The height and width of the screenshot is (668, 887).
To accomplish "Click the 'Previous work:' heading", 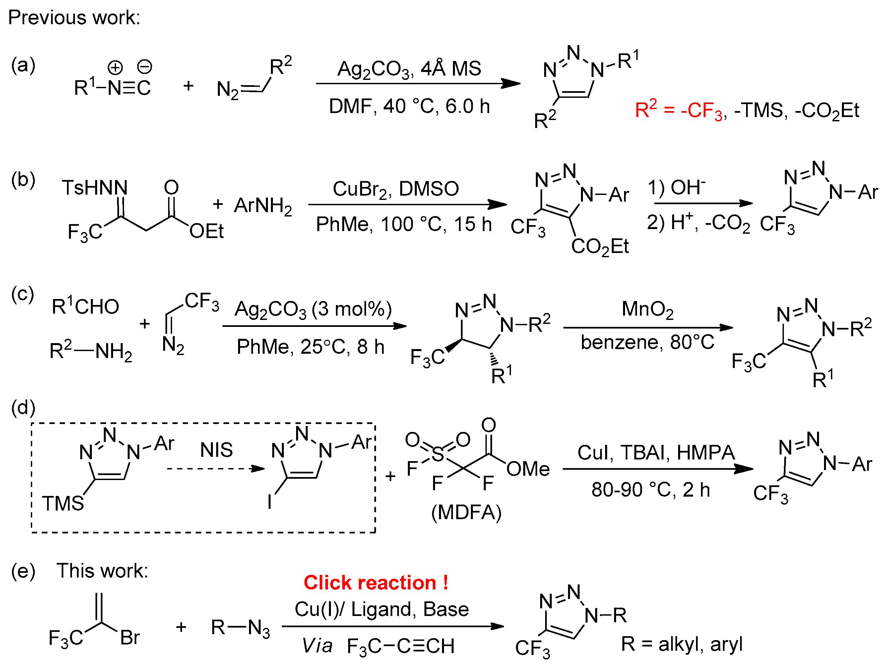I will (x=74, y=18).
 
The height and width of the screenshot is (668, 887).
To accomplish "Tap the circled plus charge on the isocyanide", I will (x=115, y=67).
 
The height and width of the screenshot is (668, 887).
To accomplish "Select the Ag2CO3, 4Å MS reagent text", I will (x=409, y=69).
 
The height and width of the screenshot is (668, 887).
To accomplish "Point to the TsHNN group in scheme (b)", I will (x=95, y=188).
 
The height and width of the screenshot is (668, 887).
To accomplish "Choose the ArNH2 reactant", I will (x=263, y=206).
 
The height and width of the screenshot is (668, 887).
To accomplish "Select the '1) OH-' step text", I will (x=676, y=187).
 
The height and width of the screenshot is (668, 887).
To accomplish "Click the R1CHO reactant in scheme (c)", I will (x=86, y=307).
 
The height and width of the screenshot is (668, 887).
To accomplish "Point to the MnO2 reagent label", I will (x=647, y=310).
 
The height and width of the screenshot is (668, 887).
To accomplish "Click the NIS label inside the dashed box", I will (x=216, y=450).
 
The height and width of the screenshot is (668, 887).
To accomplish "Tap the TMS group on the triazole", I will (x=63, y=504).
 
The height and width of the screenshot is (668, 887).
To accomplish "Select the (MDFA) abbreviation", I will (x=466, y=513).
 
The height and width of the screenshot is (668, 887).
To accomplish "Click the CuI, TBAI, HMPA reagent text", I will (x=656, y=453).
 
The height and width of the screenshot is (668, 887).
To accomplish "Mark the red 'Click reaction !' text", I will (x=376, y=582).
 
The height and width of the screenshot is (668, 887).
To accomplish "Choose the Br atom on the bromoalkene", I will (x=130, y=638).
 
